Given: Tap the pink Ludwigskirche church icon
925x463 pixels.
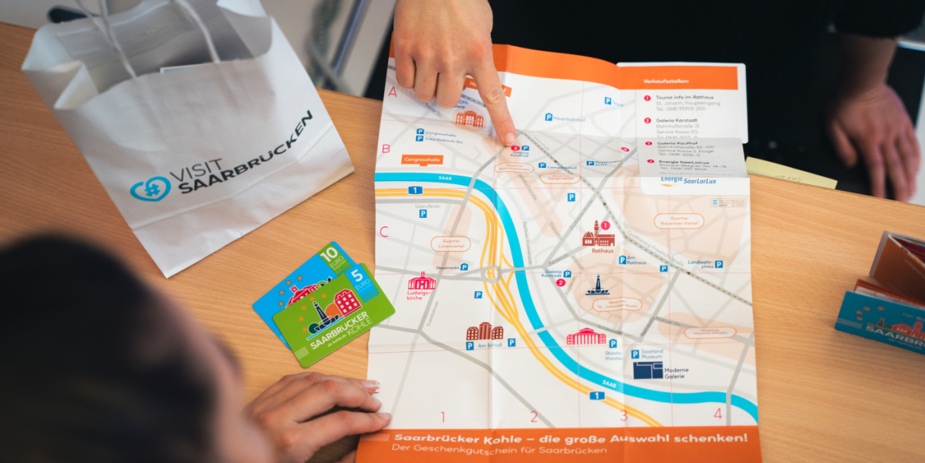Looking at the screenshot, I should [x=421, y=281].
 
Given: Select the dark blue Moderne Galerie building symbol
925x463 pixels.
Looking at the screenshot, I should [x=648, y=371].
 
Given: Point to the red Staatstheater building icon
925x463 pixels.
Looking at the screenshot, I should [x=586, y=337].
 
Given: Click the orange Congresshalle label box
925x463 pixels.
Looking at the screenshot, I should [x=422, y=160].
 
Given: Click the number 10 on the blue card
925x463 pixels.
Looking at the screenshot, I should [x=329, y=255].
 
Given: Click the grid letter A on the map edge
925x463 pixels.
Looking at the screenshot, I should [x=393, y=92].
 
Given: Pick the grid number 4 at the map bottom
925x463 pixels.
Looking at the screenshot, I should [x=717, y=414].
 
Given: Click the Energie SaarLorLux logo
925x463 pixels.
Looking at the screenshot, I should [x=688, y=181].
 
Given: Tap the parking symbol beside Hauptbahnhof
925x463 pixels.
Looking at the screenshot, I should [x=549, y=117].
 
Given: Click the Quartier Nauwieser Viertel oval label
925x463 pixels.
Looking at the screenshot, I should [x=679, y=221].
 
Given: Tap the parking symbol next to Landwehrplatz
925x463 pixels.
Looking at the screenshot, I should [x=718, y=263].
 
